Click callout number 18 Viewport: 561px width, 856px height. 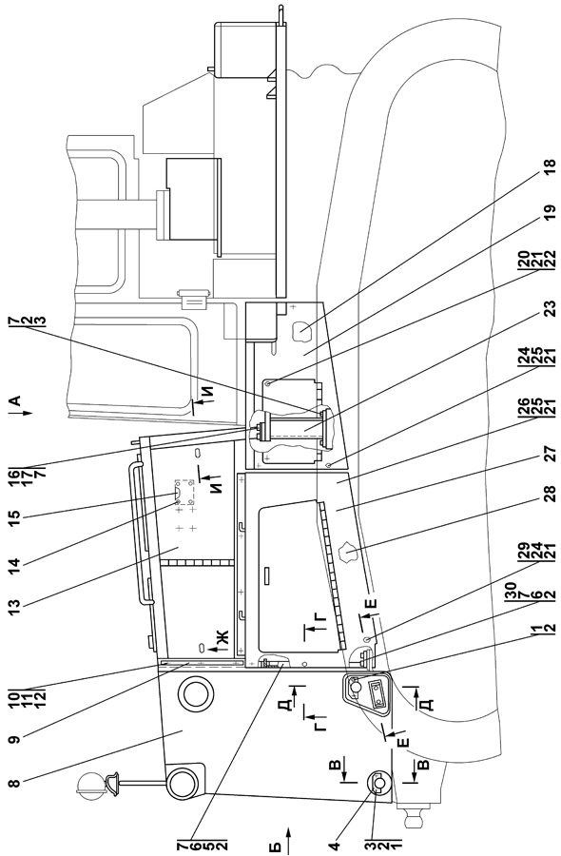549,165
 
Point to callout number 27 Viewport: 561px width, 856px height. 549,455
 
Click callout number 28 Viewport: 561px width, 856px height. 549,495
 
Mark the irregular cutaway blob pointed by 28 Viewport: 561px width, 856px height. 347,554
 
